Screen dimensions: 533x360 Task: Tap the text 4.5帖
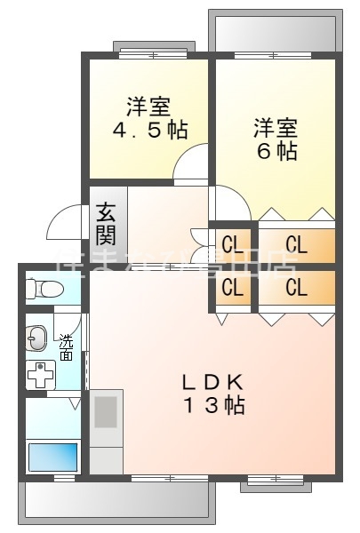pyautogui.click(x=149, y=130)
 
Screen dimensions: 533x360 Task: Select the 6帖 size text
pyautogui.click(x=277, y=151)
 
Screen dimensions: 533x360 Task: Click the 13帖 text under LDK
pyautogui.click(x=212, y=407)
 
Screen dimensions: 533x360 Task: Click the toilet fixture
pyautogui.click(x=44, y=289)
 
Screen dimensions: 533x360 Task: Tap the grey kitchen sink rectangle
pyautogui.click(x=106, y=412)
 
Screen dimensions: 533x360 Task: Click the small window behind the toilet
pyautogui.click(x=22, y=289)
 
